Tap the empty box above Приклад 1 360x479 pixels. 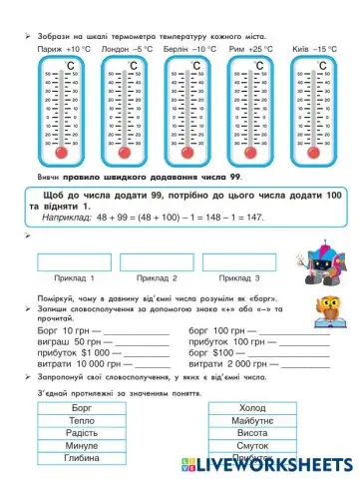pyautogui.click(x=73, y=262)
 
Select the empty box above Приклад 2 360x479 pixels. pyautogui.click(x=157, y=262)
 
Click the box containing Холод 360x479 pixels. pyautogui.click(x=253, y=409)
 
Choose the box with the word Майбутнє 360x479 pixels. pyautogui.click(x=253, y=421)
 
